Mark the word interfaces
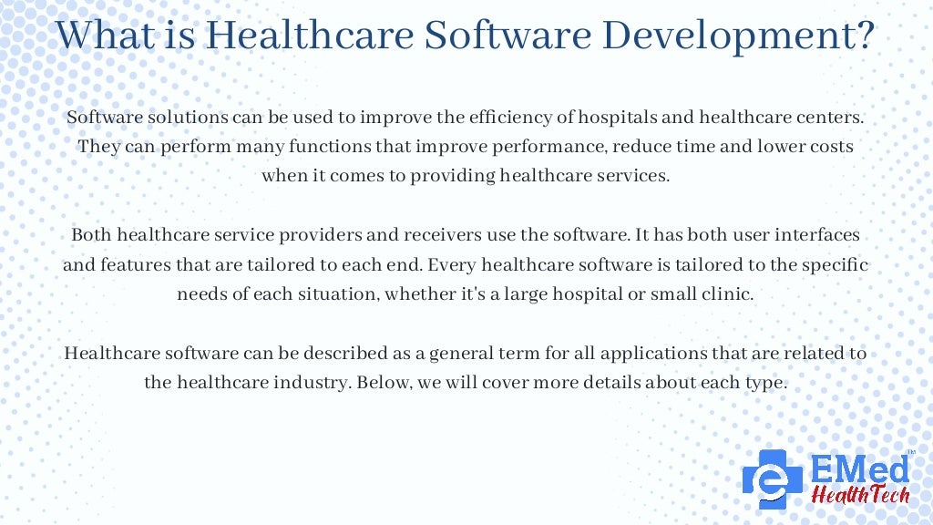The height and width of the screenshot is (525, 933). (x=819, y=235)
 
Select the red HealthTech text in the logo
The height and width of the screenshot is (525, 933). (x=858, y=494)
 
